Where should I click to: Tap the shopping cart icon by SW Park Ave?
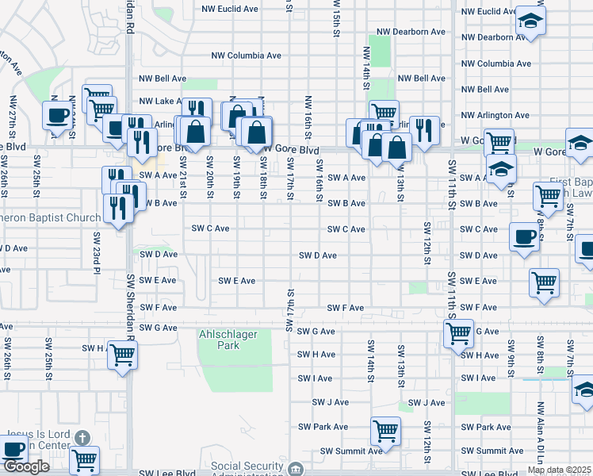click(x=385, y=432)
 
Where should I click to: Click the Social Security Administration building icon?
click(x=296, y=469)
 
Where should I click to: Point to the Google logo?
click(x=26, y=466)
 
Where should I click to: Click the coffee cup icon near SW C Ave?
click(x=524, y=236)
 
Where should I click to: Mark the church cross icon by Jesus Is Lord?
click(x=82, y=438)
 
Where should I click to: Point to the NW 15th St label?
click(x=335, y=20)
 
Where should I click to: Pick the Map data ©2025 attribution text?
click(x=560, y=470)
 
